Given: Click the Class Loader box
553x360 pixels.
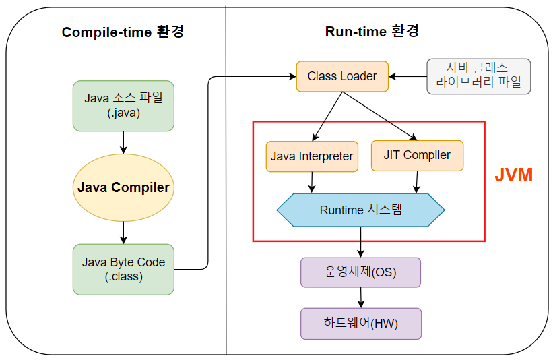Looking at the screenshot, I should click(342, 76).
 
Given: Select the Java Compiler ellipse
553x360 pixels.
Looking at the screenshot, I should click(123, 187).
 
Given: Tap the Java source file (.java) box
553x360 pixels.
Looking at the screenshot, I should click(123, 105).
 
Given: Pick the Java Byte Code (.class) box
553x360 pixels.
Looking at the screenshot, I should click(123, 269).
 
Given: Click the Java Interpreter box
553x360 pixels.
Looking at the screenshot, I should click(312, 156).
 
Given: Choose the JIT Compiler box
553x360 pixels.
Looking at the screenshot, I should click(417, 155).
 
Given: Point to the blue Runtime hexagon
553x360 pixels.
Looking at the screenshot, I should click(360, 210).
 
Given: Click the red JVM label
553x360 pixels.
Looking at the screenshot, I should click(513, 175).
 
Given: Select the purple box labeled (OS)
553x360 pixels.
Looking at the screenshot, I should click(360, 272).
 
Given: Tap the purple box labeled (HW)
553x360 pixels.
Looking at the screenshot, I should click(360, 324).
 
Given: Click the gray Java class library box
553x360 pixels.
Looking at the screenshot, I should click(479, 76).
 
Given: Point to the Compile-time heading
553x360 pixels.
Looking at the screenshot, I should click(123, 32).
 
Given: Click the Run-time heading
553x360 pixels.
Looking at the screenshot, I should click(372, 31).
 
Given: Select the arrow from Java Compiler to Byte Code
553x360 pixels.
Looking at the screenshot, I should click(123, 232).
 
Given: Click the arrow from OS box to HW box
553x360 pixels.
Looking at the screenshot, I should click(361, 297).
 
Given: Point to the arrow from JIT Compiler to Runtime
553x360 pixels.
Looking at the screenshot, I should click(418, 181).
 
